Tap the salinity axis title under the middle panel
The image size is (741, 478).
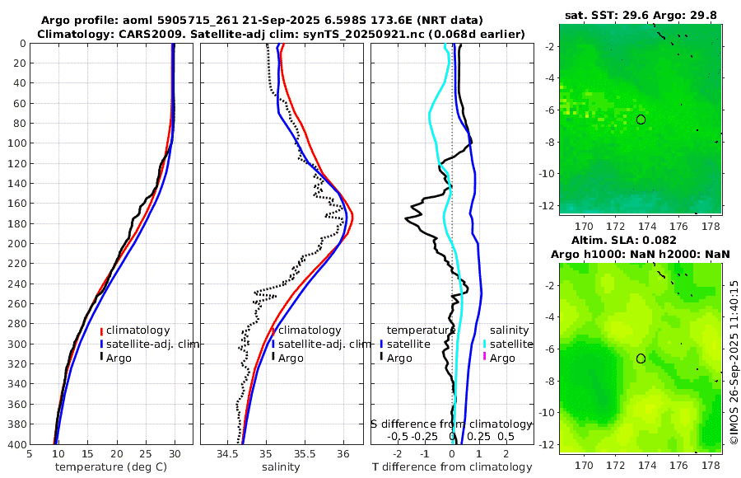click(282, 467)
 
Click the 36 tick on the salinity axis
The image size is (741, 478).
click(343, 453)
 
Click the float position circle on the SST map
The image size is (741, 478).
click(641, 119)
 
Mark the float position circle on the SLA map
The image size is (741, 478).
click(641, 358)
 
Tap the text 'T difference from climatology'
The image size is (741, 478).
click(451, 467)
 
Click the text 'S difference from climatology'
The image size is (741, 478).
click(451, 423)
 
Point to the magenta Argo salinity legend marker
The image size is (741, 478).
click(485, 358)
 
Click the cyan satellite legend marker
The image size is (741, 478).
click(485, 344)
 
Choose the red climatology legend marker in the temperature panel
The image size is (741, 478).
click(101, 330)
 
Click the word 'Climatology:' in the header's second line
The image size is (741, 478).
click(72, 34)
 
